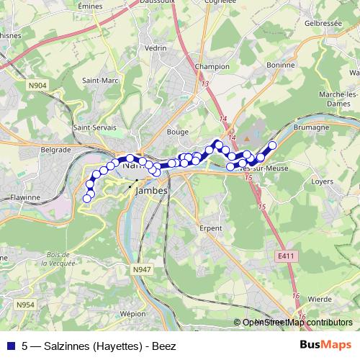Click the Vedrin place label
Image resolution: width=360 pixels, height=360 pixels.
156,48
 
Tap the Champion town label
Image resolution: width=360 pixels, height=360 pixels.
212,66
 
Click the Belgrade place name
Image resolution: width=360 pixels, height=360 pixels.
55,150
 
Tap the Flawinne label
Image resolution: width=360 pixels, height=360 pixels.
26,196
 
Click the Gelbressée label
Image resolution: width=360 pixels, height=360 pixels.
322,22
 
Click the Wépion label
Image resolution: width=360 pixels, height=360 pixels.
134,315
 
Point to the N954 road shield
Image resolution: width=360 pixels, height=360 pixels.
26,305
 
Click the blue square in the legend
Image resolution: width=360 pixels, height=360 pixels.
10,346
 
